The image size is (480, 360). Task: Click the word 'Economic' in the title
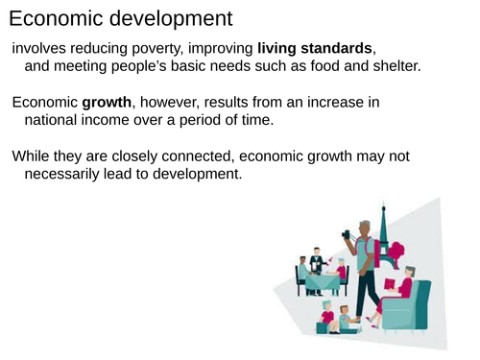(55, 18)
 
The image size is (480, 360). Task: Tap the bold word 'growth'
(106, 102)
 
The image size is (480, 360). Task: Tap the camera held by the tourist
(347, 233)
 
